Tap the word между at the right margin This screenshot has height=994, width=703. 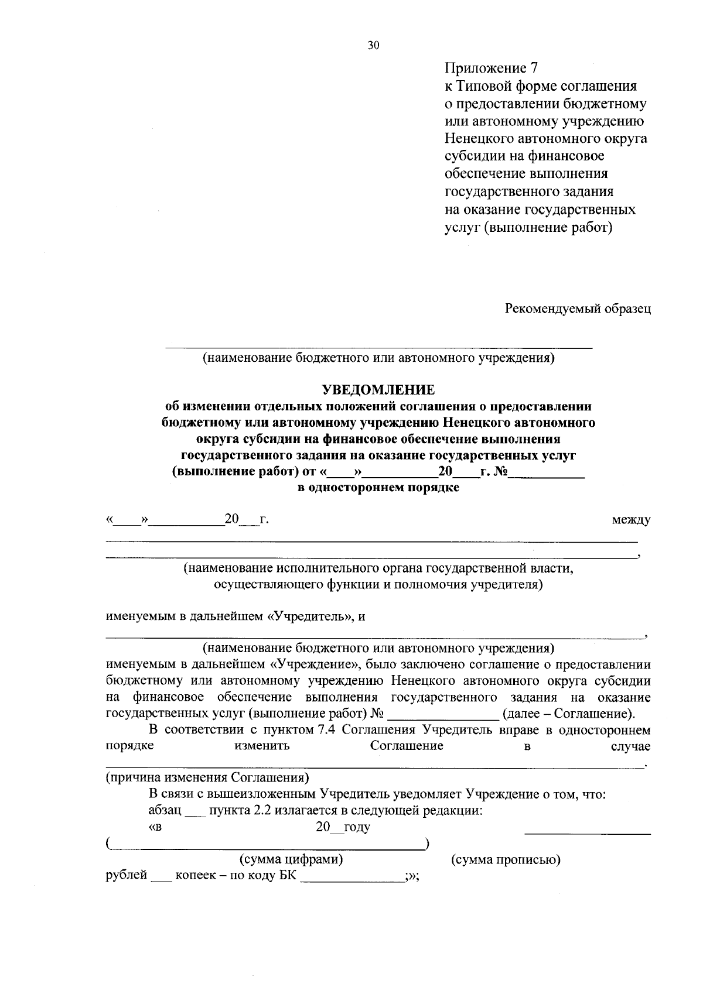[630, 520]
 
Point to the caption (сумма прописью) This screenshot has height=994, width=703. [506, 860]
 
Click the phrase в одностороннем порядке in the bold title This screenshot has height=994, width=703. [378, 488]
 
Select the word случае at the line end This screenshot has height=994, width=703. [630, 746]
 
